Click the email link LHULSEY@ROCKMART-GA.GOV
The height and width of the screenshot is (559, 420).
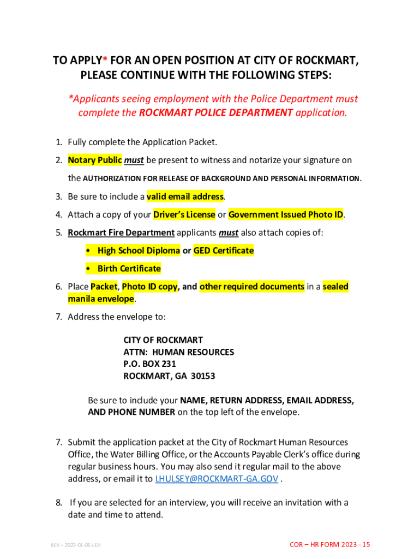pos(217,479)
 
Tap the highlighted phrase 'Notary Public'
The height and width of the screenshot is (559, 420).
pos(94,160)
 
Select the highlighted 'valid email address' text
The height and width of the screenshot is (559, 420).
pos(185,197)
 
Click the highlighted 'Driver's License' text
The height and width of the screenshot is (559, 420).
pos(184,215)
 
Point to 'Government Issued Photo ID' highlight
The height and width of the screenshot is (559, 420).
pos(286,215)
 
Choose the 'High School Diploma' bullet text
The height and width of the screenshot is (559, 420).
pos(139,251)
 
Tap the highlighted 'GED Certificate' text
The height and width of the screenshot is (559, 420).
pos(224,251)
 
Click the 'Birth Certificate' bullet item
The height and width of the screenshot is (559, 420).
pos(129,269)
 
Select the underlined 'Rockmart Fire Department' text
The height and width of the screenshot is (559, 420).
pos(121,233)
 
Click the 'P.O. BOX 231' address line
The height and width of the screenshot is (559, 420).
pos(149,364)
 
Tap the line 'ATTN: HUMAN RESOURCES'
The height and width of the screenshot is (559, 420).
pos(178,352)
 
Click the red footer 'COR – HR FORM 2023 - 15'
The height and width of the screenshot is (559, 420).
pos(329,545)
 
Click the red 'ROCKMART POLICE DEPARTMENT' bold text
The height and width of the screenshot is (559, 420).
pos(216,113)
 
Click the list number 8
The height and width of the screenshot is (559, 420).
pos(58,503)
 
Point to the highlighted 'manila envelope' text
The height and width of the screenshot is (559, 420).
pos(100,299)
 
